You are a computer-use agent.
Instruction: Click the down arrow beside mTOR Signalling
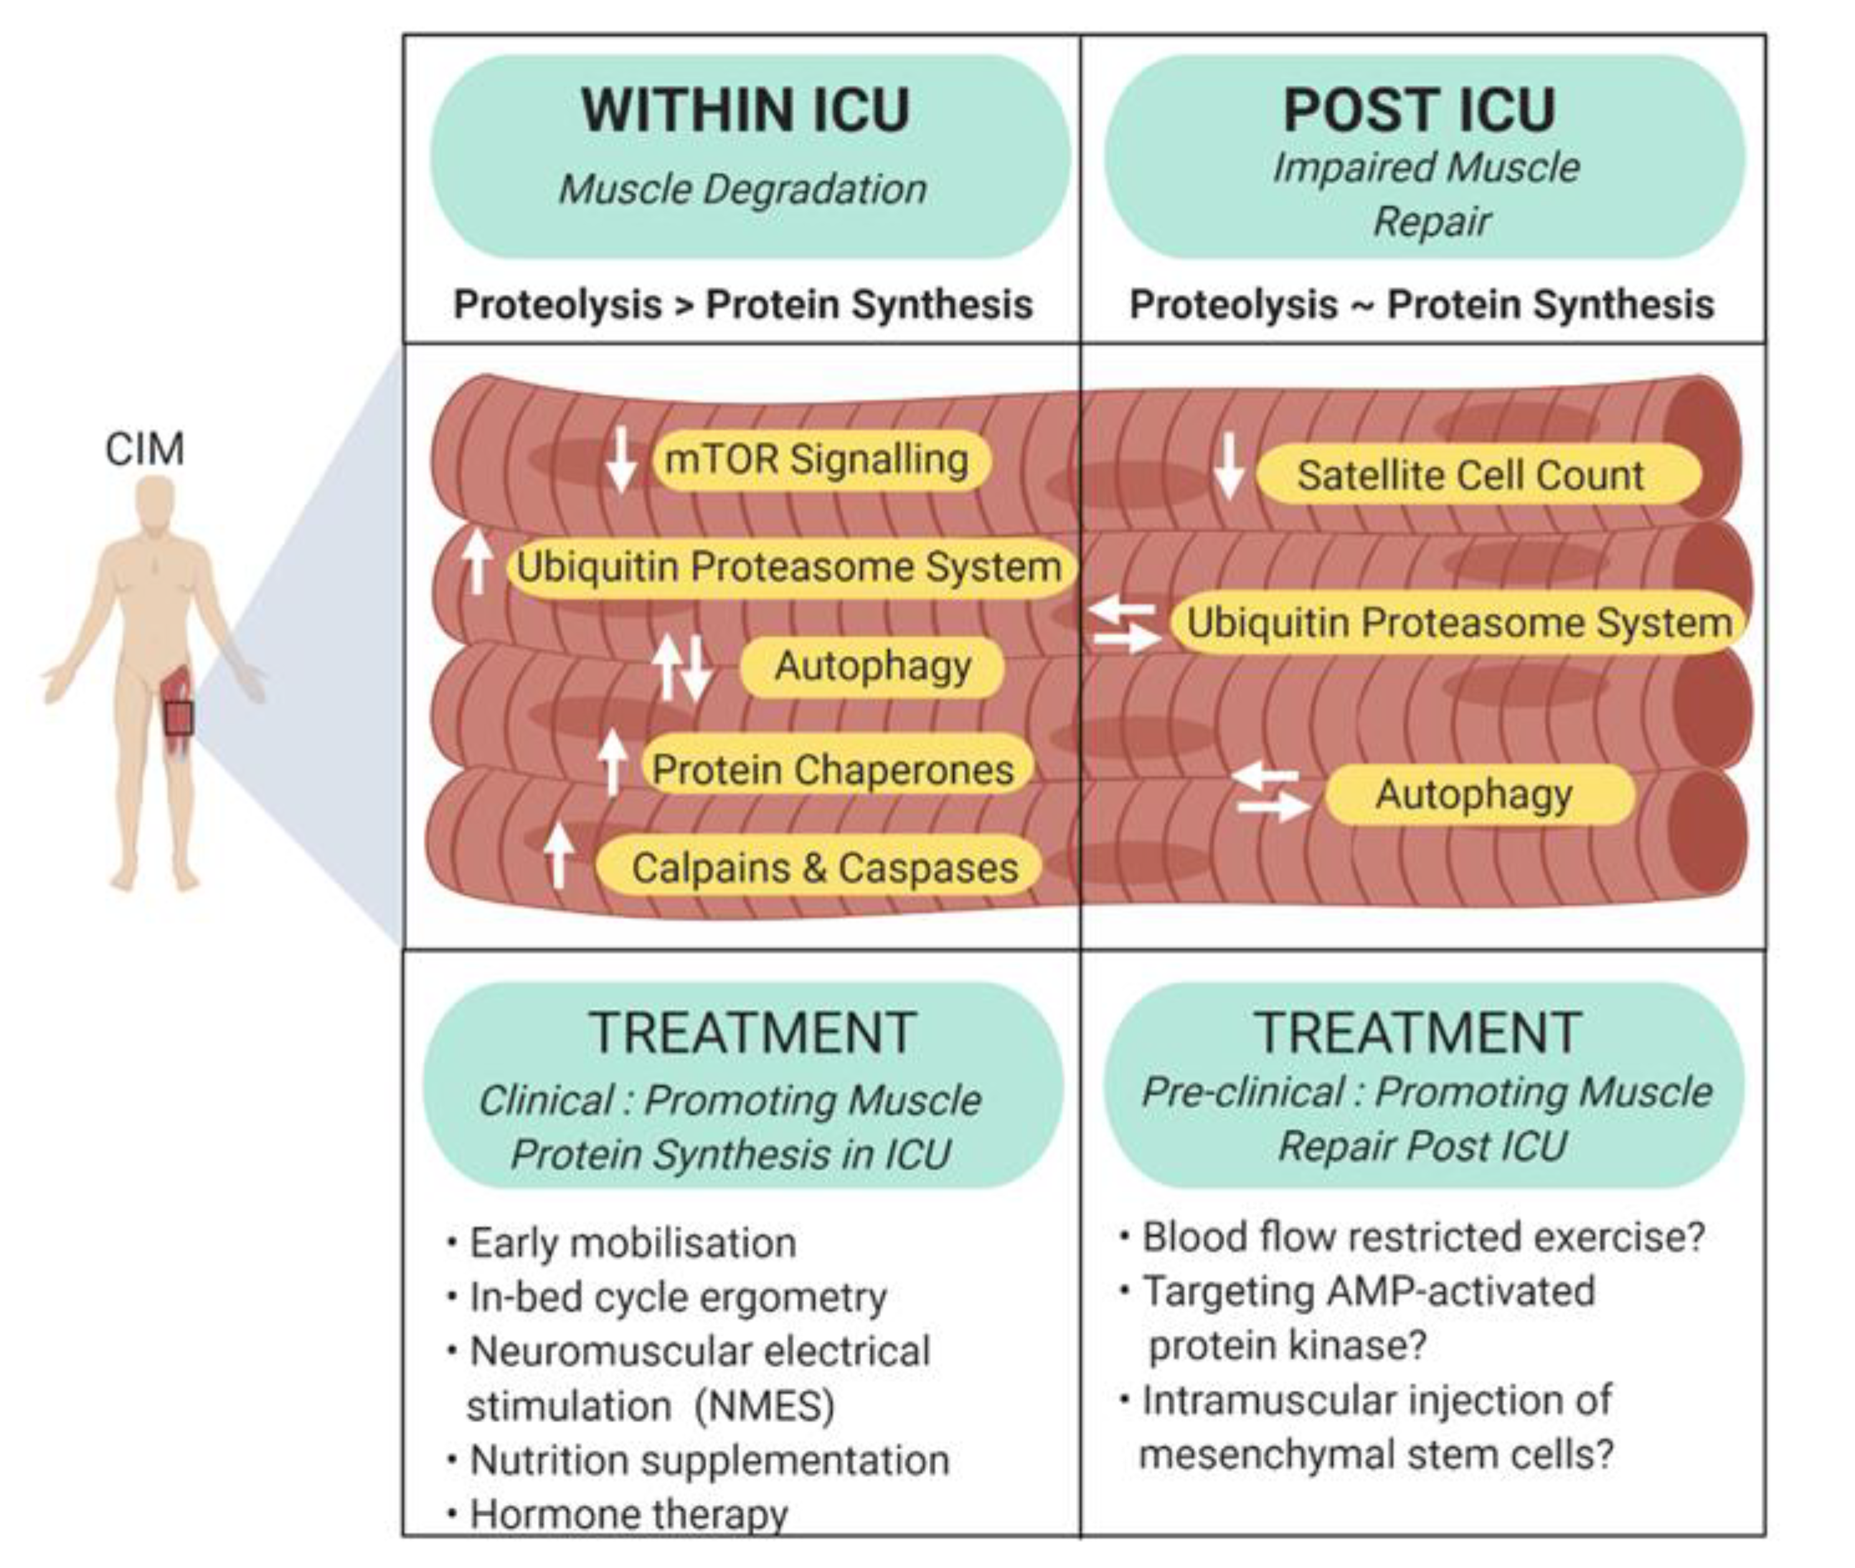(621, 459)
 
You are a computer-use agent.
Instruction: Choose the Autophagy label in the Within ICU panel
(872, 667)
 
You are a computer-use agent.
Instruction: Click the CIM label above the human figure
(145, 449)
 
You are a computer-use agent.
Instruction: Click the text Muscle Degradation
(742, 189)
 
